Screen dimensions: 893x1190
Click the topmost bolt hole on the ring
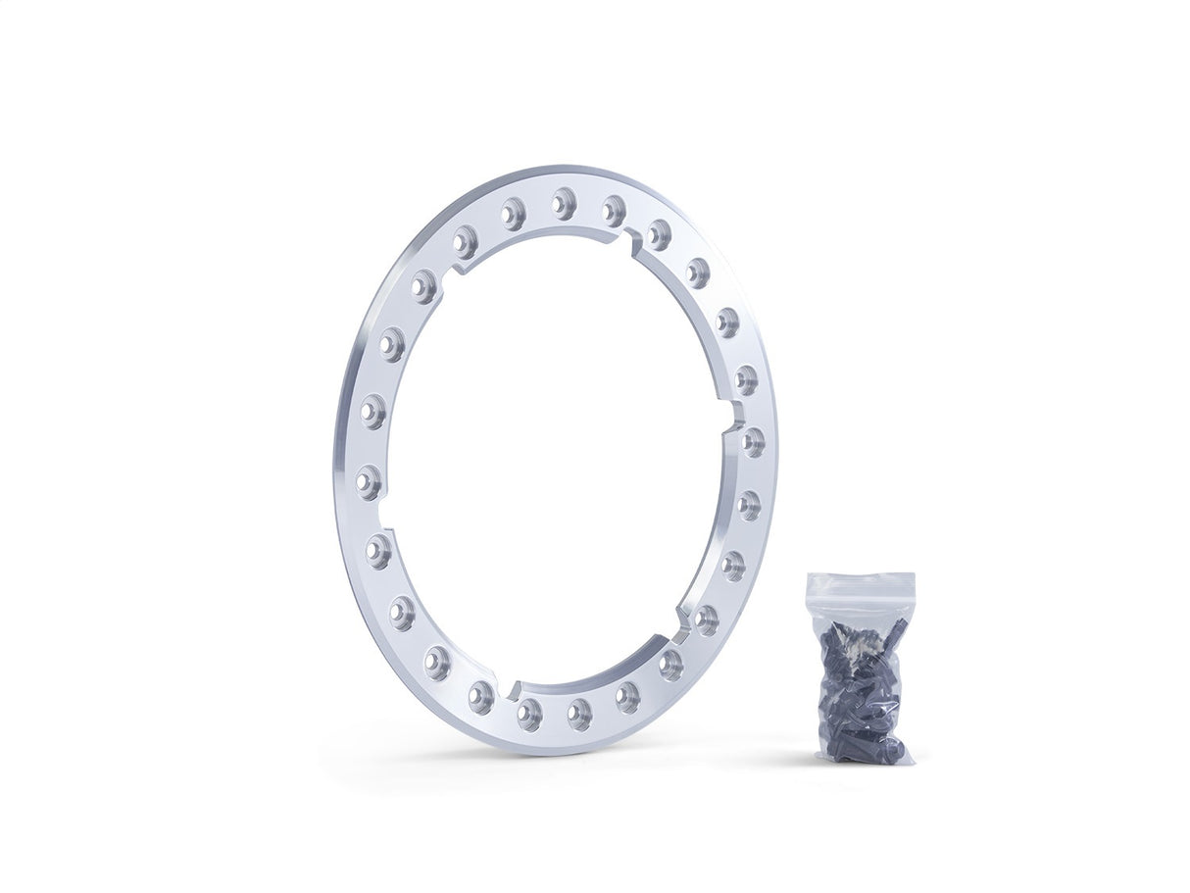point(563,203)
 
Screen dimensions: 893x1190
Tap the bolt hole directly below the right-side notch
point(752,442)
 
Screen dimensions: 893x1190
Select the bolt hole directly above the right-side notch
point(746,379)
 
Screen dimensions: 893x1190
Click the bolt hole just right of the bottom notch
point(529,714)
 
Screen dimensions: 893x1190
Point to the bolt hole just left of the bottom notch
point(481,697)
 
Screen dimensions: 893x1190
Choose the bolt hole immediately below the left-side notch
point(378,551)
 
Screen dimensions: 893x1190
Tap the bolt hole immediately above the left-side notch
point(369,481)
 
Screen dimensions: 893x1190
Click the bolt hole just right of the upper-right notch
point(659,234)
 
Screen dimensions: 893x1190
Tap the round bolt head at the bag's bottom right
point(890,750)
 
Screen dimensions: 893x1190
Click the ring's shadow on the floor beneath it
point(549,760)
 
